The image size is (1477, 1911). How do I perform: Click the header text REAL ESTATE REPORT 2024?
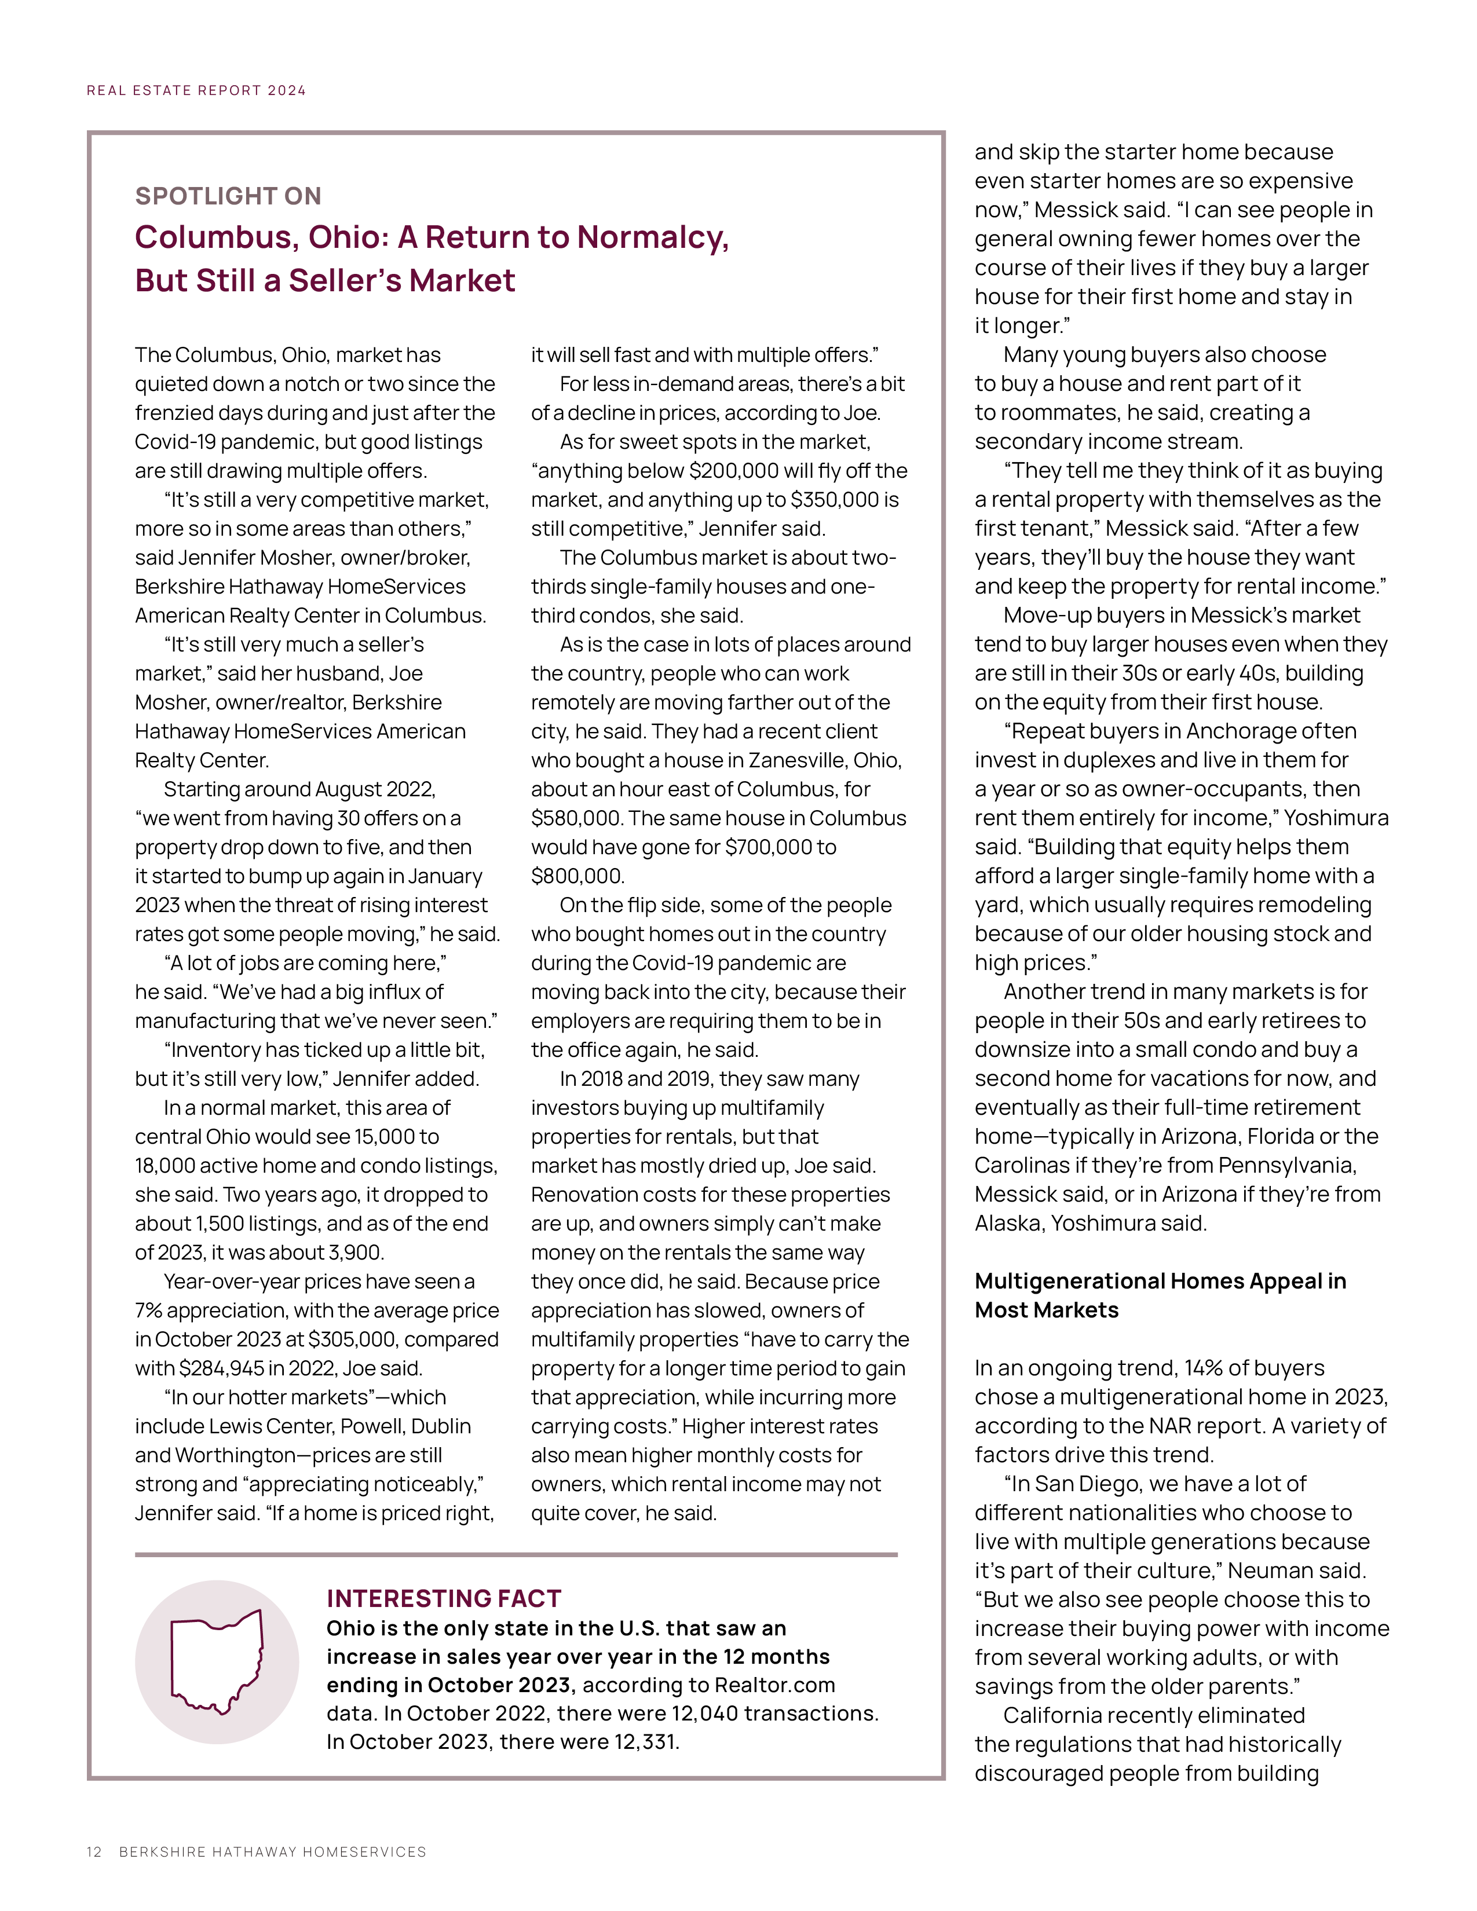pyautogui.click(x=196, y=90)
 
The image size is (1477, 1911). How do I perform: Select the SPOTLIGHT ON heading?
pyautogui.click(x=228, y=196)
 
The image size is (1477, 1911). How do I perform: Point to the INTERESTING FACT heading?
pyautogui.click(x=444, y=1599)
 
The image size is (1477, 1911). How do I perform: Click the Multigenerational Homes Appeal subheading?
pyautogui.click(x=1160, y=1295)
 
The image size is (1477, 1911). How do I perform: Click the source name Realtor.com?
pyautogui.click(x=774, y=1685)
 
